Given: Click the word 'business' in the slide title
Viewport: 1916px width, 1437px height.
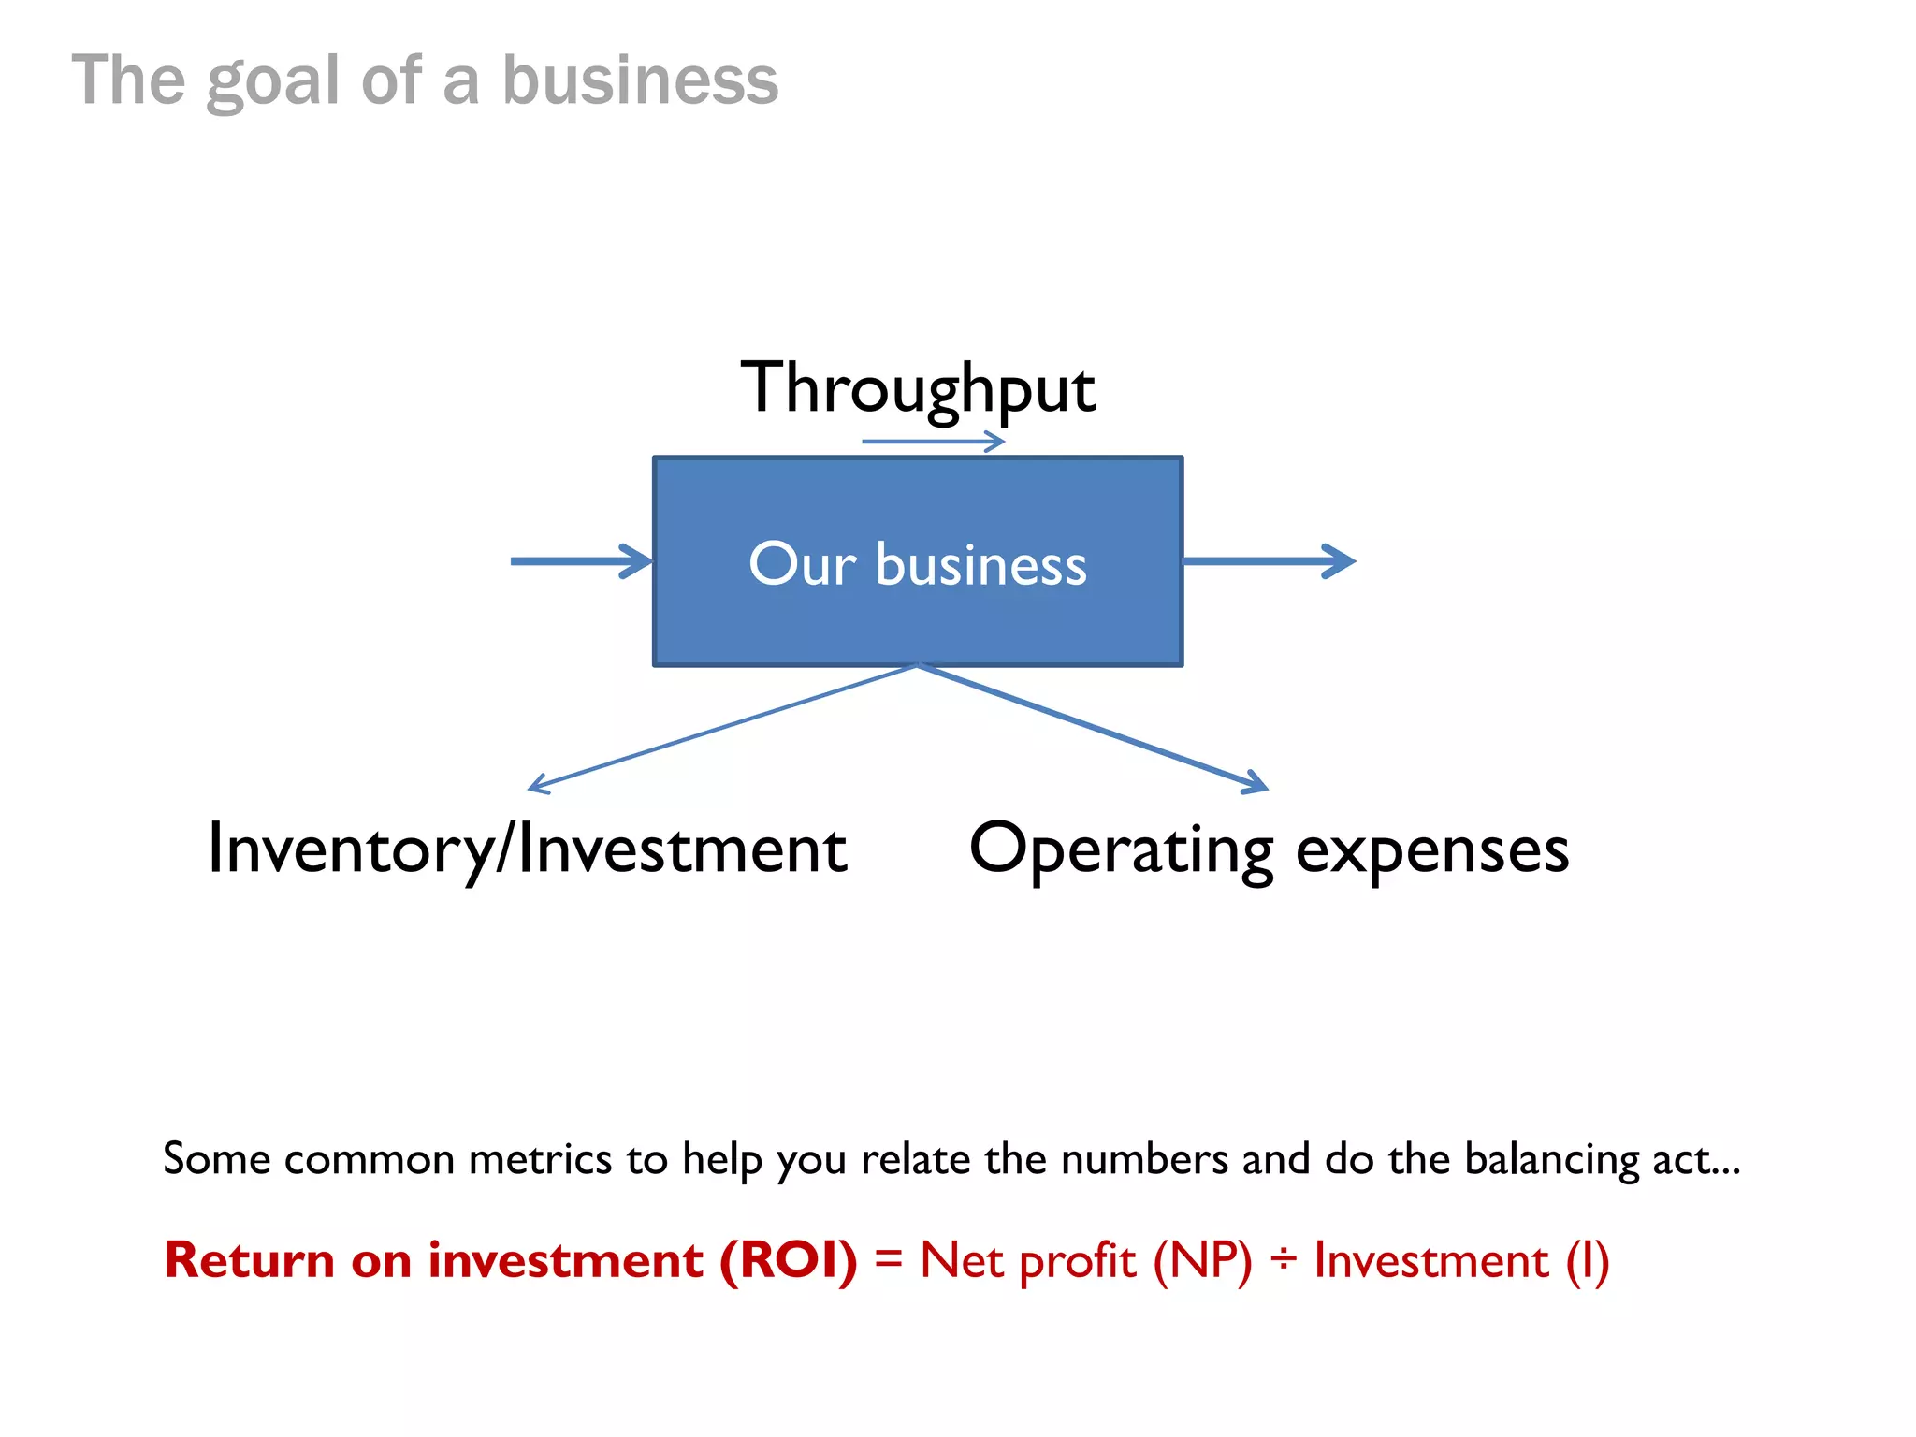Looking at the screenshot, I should coord(640,80).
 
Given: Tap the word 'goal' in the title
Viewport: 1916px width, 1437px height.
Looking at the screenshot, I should coord(273,82).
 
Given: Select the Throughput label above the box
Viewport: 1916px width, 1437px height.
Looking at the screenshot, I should coord(918,388).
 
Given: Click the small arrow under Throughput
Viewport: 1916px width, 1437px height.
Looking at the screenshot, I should coord(933,441).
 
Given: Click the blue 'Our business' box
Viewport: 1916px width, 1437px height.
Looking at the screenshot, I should coord(918,561).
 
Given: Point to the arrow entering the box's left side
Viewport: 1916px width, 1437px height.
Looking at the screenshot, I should coord(581,561).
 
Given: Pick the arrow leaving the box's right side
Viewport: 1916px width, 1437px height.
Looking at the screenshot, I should coord(1269,561).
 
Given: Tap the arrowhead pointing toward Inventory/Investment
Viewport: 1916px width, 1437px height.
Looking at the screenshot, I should coord(540,785).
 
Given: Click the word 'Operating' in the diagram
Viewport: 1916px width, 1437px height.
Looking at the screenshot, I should coord(1121,849).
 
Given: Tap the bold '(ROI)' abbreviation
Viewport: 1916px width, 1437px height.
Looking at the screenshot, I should coord(788,1260).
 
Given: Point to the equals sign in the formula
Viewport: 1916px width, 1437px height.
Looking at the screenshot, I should coord(888,1260).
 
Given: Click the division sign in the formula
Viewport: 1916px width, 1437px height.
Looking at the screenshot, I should coord(1283,1260).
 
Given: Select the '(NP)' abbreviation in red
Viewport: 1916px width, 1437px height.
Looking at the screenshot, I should coord(1202,1260).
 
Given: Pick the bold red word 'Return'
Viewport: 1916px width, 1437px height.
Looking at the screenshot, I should coord(249,1260).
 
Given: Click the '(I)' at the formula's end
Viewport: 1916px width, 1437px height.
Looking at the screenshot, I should coord(1587,1260).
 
